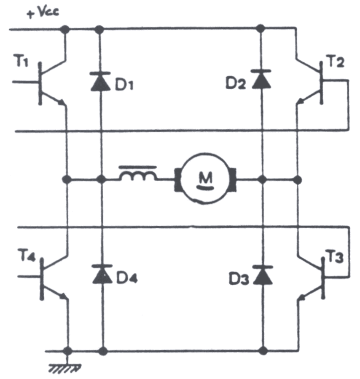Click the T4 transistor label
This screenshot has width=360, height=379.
point(27,256)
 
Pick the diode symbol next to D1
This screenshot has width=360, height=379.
point(100,81)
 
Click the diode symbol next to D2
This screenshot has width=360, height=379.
point(261,79)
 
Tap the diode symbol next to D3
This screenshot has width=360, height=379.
point(263,275)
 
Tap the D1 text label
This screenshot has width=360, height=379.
point(124,85)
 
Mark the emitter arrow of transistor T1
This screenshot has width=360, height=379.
point(62,102)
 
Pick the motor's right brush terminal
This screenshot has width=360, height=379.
point(233,179)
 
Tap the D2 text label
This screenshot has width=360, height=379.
point(236,84)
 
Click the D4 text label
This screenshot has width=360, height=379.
point(127,278)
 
